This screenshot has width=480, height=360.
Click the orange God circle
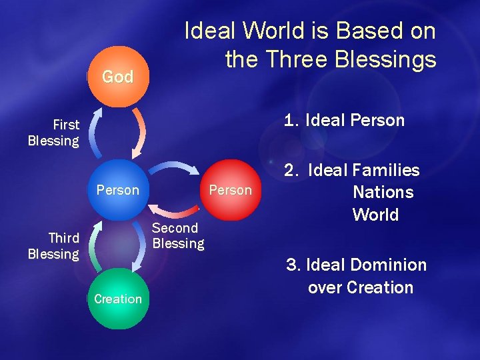pyautogui.click(x=117, y=77)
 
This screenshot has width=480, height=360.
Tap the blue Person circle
pyautogui.click(x=117, y=190)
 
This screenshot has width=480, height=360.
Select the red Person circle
pyautogui.click(x=230, y=190)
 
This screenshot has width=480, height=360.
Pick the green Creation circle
pyautogui.click(x=117, y=299)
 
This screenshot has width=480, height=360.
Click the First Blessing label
pyautogui.click(x=53, y=133)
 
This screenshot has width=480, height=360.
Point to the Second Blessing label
pyautogui.click(x=178, y=235)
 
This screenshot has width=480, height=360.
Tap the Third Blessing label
pyautogui.click(x=53, y=246)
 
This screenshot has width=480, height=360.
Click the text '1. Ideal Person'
pyautogui.click(x=344, y=121)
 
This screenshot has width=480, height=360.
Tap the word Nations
pyautogui.click(x=383, y=193)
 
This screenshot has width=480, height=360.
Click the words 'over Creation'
pyautogui.click(x=361, y=288)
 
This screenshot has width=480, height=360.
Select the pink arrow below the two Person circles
pyautogui.click(x=175, y=211)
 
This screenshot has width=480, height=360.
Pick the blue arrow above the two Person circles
pyautogui.click(x=175, y=169)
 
